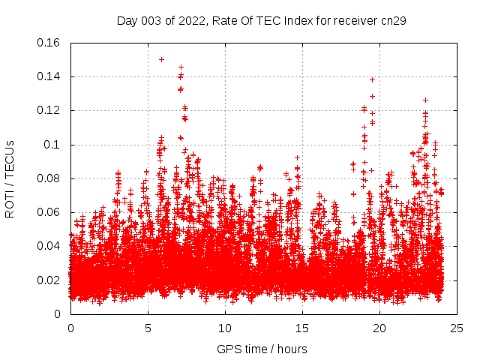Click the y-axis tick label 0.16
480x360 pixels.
(50, 43)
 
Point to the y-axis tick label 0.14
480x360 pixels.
(50, 76)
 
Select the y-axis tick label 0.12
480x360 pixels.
(50, 110)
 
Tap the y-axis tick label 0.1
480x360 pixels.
(53, 145)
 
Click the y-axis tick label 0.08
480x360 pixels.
(50, 178)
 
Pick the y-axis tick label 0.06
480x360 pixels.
(50, 212)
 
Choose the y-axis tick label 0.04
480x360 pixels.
(50, 246)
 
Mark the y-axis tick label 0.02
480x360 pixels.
(50, 280)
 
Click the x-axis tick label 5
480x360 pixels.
(148, 328)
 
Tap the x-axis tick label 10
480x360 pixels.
(225, 328)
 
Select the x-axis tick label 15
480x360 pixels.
(302, 328)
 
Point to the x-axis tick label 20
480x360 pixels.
(379, 328)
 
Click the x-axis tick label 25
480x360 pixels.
(457, 328)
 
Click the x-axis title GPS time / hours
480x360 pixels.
(262, 349)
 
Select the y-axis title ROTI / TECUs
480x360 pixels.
(10, 178)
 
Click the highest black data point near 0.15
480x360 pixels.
(161, 59)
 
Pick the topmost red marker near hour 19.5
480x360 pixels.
(372, 79)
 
